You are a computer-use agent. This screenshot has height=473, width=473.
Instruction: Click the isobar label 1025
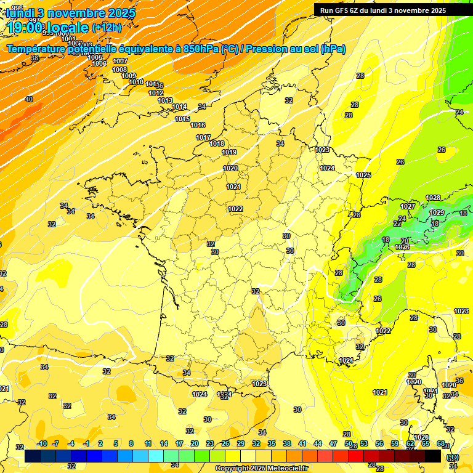pyautogui.click(x=363, y=176)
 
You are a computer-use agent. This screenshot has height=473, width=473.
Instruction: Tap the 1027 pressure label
pyautogui.click(x=408, y=206)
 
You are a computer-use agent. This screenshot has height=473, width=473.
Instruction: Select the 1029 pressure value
pyautogui.click(x=437, y=212)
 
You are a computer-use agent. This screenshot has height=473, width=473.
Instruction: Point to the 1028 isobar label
pyautogui.click(x=433, y=198)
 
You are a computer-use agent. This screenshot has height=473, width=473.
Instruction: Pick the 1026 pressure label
pyautogui.click(x=402, y=247)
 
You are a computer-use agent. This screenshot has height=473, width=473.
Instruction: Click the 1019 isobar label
pyautogui.click(x=229, y=152)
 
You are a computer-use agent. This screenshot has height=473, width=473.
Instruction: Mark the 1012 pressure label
pyautogui.click(x=156, y=94)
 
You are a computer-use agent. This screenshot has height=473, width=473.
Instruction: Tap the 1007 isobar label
pyautogui.click(x=120, y=61)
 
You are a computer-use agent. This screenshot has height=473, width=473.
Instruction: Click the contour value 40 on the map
pyautogui.click(x=29, y=99)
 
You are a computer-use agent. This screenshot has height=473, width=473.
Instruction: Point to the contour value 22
pyautogui.click(x=397, y=224)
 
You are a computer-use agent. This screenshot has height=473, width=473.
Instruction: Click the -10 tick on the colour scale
pyautogui.click(x=42, y=443)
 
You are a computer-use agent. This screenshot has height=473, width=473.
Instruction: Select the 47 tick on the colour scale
pyautogui.click(x=333, y=443)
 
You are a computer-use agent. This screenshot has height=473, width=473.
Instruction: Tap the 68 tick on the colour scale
pyautogui.click(x=441, y=443)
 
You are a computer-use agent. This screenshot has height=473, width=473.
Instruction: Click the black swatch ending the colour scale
pyautogui.click(x=433, y=456)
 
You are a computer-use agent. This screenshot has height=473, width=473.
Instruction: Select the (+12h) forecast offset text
pyautogui.click(x=106, y=27)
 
